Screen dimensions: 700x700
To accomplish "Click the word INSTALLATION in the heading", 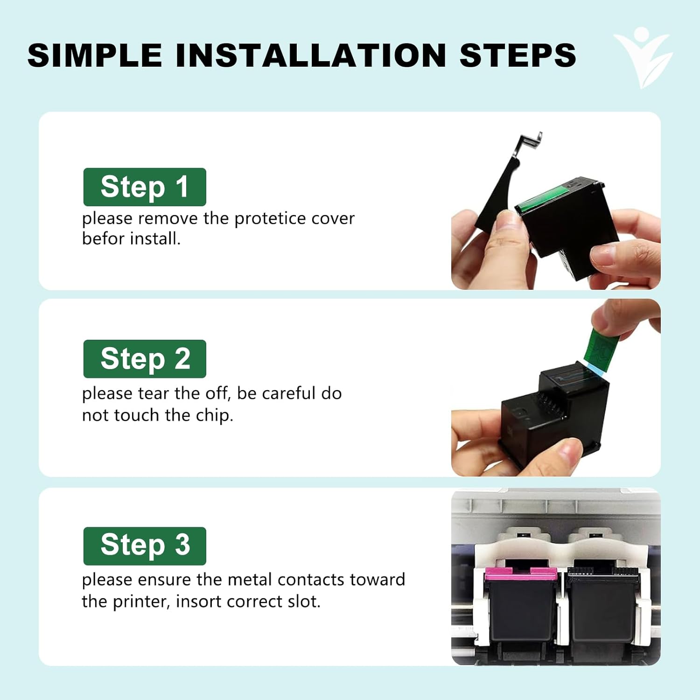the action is [311, 55].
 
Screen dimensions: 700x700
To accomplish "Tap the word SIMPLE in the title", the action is [95, 55].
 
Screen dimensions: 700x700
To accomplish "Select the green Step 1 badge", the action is [145, 187].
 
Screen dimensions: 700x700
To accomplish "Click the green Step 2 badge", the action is [145, 359].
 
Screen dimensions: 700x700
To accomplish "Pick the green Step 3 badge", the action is [145, 546].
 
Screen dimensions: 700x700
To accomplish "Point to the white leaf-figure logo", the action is [643, 57].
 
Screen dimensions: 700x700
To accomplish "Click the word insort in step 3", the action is [199, 602].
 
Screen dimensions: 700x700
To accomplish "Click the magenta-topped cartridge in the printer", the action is [520, 604].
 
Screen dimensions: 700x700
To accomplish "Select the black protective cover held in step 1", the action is [506, 187].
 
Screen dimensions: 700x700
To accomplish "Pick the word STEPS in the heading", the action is [518, 55].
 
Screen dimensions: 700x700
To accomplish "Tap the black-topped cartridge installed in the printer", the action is [602, 604].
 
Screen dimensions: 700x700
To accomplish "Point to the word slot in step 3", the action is [304, 602].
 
